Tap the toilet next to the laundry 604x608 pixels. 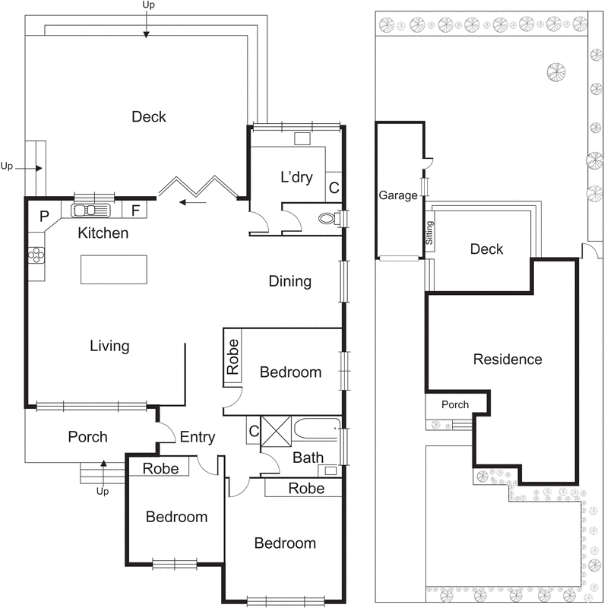(327, 219)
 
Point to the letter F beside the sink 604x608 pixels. (135, 211)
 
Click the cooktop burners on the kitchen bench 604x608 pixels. (34, 255)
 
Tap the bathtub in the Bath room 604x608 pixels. (315, 429)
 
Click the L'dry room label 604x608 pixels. (296, 178)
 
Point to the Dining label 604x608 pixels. (289, 282)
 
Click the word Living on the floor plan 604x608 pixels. (109, 346)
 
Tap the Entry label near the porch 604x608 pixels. (197, 437)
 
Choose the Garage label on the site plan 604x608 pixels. (398, 195)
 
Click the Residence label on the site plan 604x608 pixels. (507, 359)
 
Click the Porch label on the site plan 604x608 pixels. (455, 404)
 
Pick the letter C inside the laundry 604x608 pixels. (333, 186)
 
